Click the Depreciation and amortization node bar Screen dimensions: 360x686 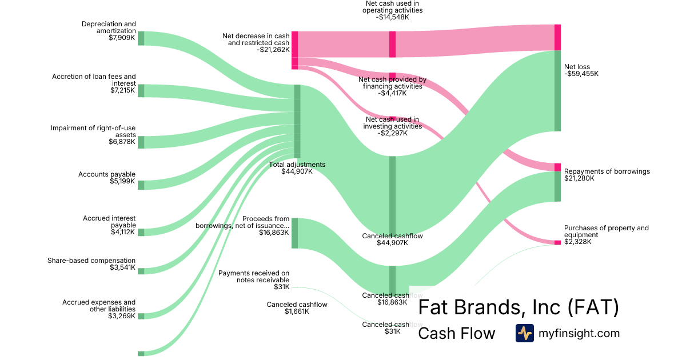[141, 38]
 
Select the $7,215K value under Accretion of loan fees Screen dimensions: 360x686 [122, 90]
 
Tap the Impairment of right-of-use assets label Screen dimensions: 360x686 [93, 131]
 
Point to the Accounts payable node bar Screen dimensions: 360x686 [141, 185]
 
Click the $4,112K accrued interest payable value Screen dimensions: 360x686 [123, 232]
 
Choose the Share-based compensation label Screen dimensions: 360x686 [91, 261]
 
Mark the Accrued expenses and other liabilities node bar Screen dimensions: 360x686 [141, 315]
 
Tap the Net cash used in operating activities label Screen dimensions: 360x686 [394, 6]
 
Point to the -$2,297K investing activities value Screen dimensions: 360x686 [393, 133]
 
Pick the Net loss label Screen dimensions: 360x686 [577, 67]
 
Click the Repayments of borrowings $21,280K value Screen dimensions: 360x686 [579, 178]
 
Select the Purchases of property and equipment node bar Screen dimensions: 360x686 [557, 242]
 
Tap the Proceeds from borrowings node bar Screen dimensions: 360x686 [294, 233]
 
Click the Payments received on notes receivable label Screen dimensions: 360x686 [254, 277]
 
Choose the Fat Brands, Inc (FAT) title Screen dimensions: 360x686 [518, 307]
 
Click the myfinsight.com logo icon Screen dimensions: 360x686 [524, 333]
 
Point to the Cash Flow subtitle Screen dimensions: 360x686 [456, 334]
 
